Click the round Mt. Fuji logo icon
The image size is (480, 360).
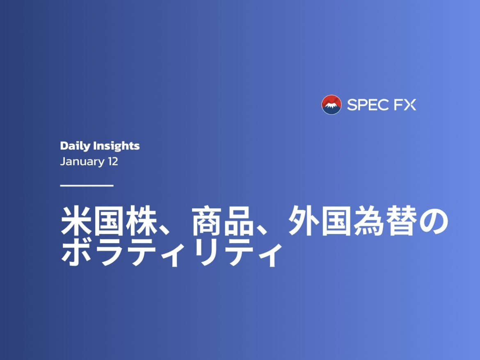click(331, 105)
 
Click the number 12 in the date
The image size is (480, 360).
click(112, 162)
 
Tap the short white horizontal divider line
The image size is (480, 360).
click(87, 186)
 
